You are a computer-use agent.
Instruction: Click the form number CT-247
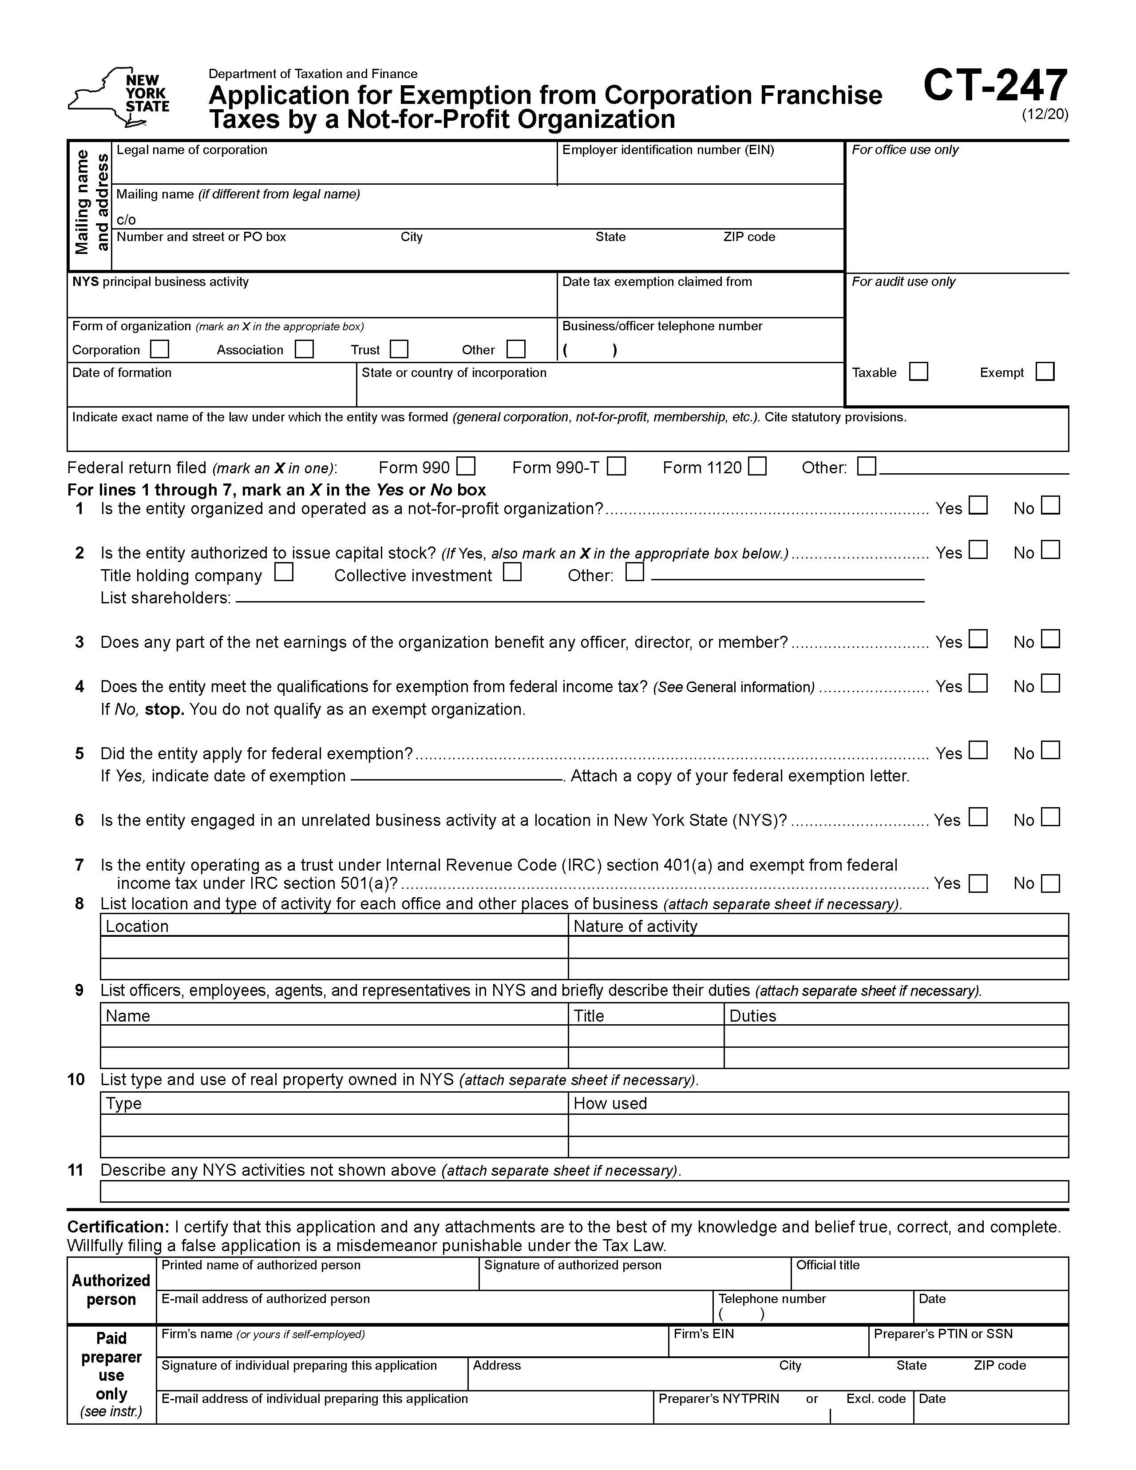995,86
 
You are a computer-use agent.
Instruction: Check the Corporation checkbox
159,349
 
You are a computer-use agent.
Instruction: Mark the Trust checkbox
399,349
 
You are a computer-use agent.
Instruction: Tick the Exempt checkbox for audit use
1045,372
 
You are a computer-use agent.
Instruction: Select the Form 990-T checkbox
616,467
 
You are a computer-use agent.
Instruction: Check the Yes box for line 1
978,506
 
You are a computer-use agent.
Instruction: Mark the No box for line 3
1050,639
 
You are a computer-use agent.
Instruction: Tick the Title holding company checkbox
284,573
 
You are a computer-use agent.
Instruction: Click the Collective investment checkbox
512,573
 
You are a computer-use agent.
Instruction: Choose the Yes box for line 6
978,817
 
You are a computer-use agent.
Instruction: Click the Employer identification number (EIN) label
668,150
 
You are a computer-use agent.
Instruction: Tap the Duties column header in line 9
752,1016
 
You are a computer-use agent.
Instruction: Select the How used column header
610,1103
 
